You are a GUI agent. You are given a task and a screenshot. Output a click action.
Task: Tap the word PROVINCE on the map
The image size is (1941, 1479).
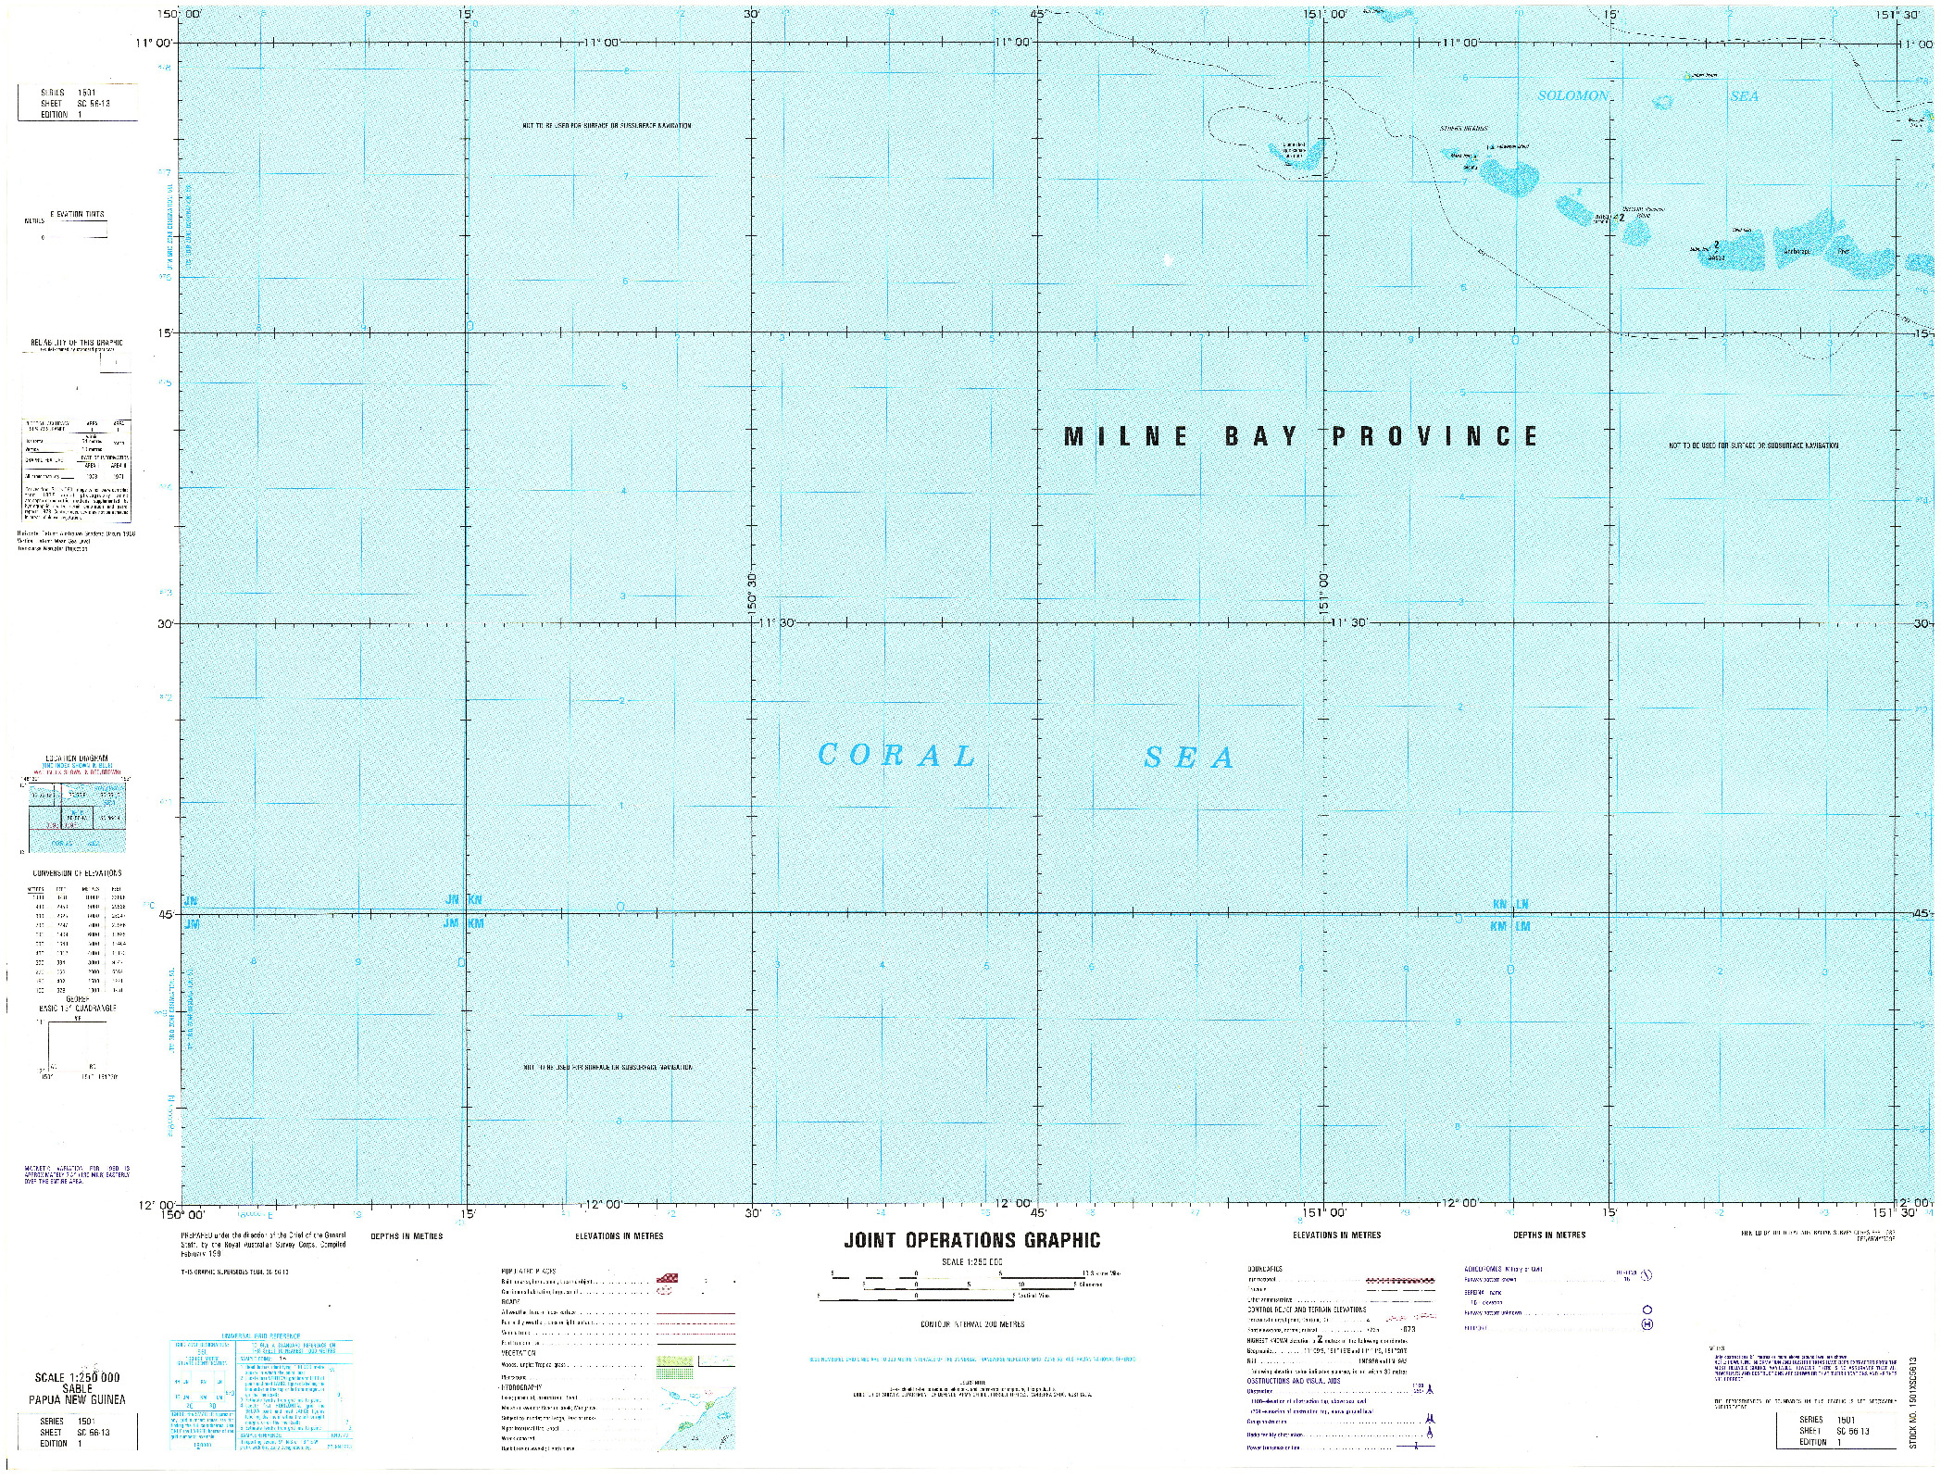coord(1434,436)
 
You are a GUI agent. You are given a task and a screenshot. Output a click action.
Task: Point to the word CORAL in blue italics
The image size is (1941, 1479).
coord(896,756)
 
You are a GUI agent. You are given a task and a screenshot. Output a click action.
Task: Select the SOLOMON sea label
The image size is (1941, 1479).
coord(1572,96)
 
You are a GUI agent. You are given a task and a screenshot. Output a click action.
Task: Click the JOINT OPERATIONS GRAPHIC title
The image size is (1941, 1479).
coord(971,1241)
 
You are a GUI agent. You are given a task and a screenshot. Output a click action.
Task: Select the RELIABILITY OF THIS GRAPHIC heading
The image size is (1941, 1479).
coord(76,343)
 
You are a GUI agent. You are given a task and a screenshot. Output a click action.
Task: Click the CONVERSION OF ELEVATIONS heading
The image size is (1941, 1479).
coord(77,873)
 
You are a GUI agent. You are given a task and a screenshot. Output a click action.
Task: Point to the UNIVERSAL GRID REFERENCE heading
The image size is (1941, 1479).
coord(262,1336)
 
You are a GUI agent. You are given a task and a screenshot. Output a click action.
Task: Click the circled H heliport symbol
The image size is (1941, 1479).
coord(1647,1325)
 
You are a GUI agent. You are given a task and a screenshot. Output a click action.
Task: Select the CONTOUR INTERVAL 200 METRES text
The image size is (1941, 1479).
coord(971,1324)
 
